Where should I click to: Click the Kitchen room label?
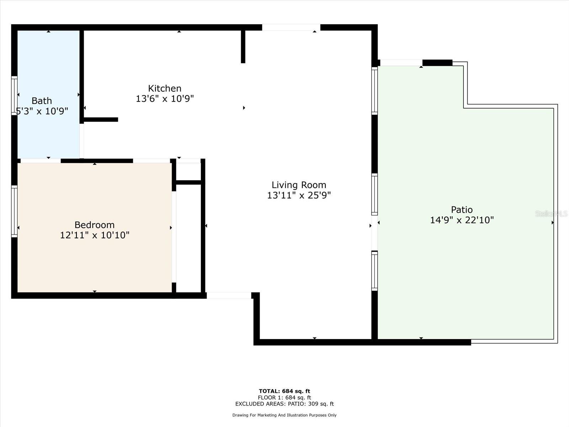pyautogui.click(x=165, y=88)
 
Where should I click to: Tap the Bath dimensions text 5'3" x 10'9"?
pyautogui.click(x=42, y=111)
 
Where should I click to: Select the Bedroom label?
pyautogui.click(x=94, y=225)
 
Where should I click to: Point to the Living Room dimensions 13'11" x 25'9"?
pyautogui.click(x=299, y=195)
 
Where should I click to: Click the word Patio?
pyautogui.click(x=462, y=210)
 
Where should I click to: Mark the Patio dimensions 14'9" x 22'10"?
pyautogui.click(x=462, y=220)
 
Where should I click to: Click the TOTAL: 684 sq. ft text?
pyautogui.click(x=284, y=391)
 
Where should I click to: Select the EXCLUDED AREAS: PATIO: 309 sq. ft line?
pyautogui.click(x=284, y=404)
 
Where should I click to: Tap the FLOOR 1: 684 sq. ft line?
pyautogui.click(x=284, y=397)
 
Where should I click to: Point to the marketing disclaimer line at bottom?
pyautogui.click(x=284, y=415)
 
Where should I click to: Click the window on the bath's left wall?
pyautogui.click(x=14, y=96)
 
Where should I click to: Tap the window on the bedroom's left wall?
pyautogui.click(x=14, y=211)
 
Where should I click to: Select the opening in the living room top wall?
pyautogui.click(x=291, y=27)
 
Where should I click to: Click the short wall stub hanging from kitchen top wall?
pyautogui.click(x=243, y=47)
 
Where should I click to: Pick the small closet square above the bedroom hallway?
pyautogui.click(x=188, y=172)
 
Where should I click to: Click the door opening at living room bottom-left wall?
pyautogui.click(x=229, y=295)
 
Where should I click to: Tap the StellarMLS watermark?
pyautogui.click(x=551, y=213)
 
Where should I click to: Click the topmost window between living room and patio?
pyautogui.click(x=374, y=91)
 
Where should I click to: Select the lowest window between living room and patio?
pyautogui.click(x=374, y=271)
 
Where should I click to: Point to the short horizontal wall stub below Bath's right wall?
pyautogui.click(x=101, y=120)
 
